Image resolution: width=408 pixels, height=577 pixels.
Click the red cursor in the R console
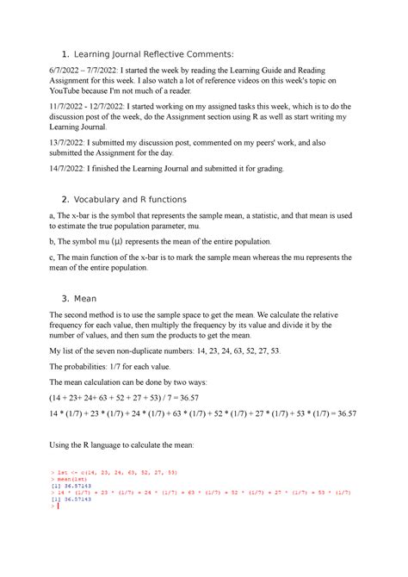(x=59, y=506)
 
